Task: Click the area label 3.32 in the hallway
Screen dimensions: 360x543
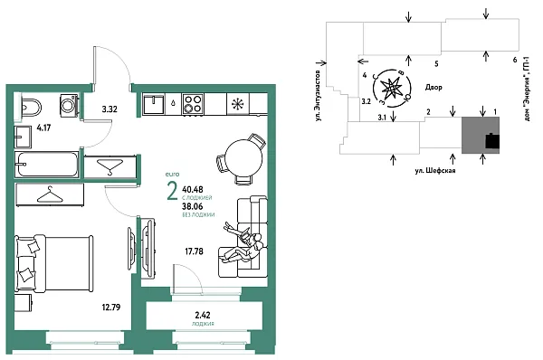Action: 110,109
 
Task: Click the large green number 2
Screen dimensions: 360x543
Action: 171,190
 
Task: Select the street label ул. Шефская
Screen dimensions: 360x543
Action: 433,169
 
